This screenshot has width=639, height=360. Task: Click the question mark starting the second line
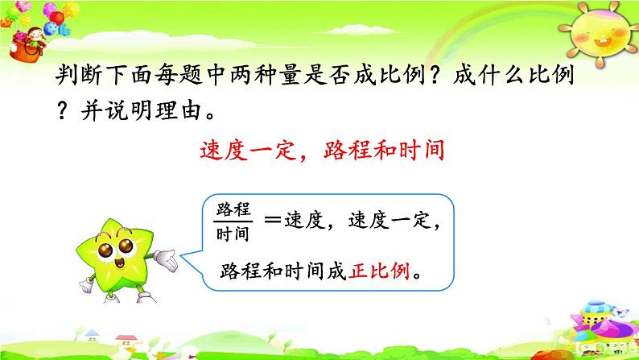pyautogui.click(x=62, y=110)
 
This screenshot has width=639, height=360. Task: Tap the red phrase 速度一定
pyautogui.click(x=247, y=150)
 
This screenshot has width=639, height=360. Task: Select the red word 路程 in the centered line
pyautogui.click(x=348, y=150)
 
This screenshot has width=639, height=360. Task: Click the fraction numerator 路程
pyautogui.click(x=233, y=209)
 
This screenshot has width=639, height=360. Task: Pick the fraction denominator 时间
pyautogui.click(x=233, y=234)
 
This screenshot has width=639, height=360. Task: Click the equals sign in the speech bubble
pyautogui.click(x=272, y=220)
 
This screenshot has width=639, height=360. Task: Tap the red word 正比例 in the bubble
pyautogui.click(x=379, y=271)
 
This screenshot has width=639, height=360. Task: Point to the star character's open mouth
pyautogui.click(x=120, y=263)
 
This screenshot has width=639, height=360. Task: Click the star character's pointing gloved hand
pyautogui.click(x=166, y=260)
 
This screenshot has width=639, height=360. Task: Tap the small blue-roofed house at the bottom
pyautogui.click(x=92, y=335)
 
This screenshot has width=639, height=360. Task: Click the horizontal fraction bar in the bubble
pyautogui.click(x=233, y=221)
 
